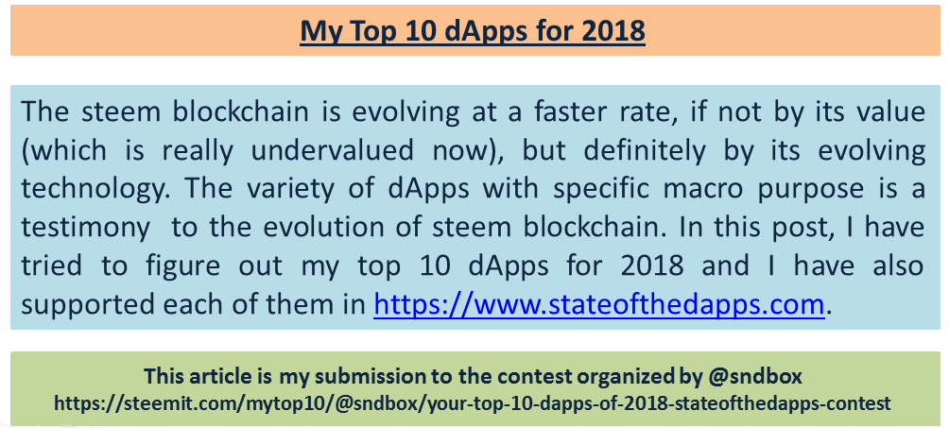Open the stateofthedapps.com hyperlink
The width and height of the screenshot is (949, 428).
(598, 304)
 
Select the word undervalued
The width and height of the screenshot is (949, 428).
(333, 151)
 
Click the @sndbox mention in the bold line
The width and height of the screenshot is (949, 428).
(754, 377)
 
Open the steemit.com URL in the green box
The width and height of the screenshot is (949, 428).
(472, 402)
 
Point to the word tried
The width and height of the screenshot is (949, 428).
(50, 265)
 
